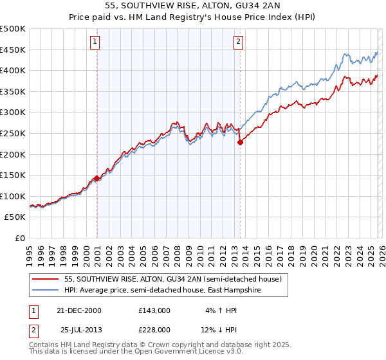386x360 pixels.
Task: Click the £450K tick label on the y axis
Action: pos(13,50)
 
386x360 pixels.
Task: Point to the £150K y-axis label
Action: pos(13,175)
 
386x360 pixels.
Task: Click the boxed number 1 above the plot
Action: pos(95,42)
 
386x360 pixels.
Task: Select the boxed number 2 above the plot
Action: pos(238,42)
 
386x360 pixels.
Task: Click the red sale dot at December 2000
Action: pos(97,178)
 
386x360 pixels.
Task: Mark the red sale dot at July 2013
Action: pos(240,143)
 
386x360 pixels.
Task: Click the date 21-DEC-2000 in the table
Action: pos(83,310)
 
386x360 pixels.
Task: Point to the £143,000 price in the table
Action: pos(154,310)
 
